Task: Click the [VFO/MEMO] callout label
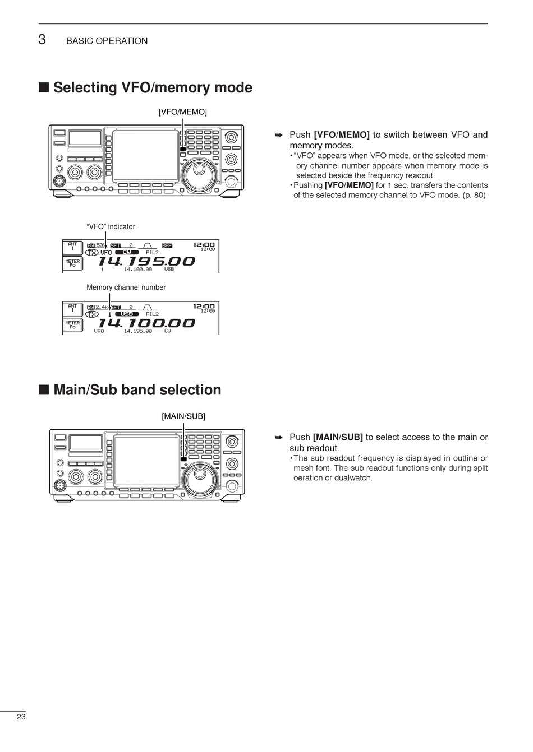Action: tap(182, 112)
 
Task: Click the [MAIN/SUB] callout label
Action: tap(183, 416)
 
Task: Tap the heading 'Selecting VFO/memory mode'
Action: tap(153, 88)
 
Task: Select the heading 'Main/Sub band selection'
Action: tap(137, 390)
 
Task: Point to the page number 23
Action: tap(21, 717)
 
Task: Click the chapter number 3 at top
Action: tap(42, 40)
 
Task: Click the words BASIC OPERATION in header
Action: tap(107, 41)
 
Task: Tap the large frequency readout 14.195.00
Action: tap(146, 261)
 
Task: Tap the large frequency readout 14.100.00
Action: tap(146, 323)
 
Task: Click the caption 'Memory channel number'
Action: tap(126, 287)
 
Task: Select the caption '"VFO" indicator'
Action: tap(111, 227)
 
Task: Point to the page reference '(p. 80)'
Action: tap(474, 196)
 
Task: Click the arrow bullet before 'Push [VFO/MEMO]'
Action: tap(278, 135)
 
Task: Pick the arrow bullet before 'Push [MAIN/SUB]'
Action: tap(278, 437)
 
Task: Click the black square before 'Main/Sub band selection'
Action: tap(44, 390)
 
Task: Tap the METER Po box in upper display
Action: tap(72, 263)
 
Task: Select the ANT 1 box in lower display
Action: tap(72, 308)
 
